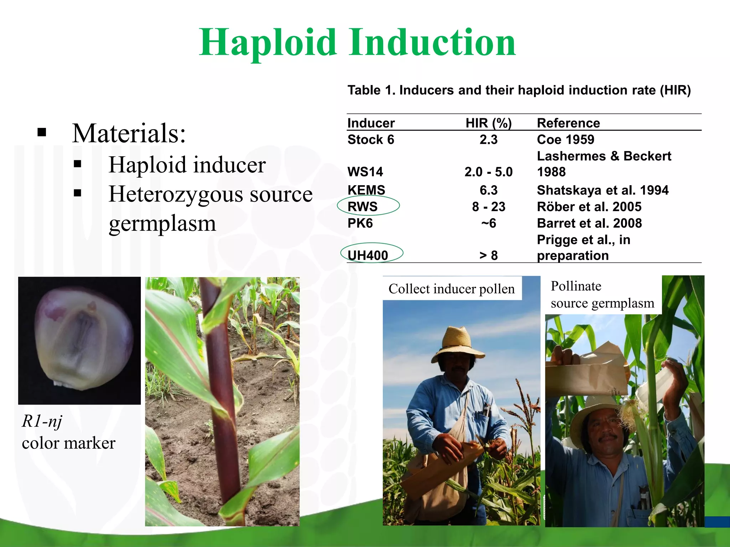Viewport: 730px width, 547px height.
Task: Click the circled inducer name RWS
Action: point(363,207)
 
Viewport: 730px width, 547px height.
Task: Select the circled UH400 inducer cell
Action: point(368,255)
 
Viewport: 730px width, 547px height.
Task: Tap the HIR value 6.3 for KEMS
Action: point(488,190)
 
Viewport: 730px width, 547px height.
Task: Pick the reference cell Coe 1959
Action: point(565,139)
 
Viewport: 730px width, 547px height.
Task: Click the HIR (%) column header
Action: point(488,123)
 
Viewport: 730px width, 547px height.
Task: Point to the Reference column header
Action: point(568,123)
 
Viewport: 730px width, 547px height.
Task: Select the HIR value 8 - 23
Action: point(488,207)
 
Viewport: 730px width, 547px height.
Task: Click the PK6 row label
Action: point(360,223)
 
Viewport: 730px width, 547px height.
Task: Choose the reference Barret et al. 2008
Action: point(589,223)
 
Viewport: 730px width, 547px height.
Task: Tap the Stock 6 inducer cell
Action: point(371,139)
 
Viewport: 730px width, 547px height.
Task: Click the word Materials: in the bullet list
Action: point(129,133)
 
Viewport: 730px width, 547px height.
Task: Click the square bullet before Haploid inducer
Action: point(78,165)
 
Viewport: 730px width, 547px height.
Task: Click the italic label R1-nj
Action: point(42,421)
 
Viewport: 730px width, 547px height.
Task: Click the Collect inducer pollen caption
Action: point(451,288)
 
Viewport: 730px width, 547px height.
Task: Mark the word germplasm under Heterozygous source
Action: point(162,224)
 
